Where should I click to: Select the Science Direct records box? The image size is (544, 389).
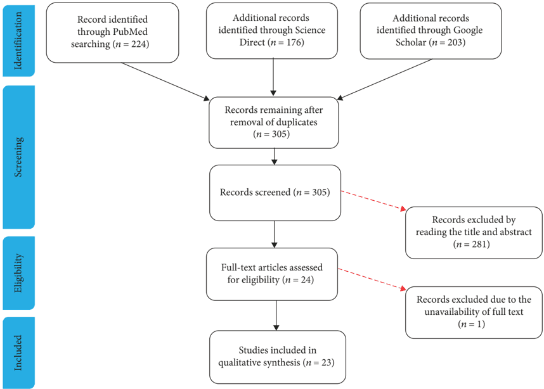pos(273,30)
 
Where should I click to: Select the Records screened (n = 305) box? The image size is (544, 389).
pos(274,192)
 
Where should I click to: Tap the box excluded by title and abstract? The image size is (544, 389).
pos(473,232)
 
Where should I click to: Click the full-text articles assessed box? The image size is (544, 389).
pos(273,273)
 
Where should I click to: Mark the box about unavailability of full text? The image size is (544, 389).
pos(473,311)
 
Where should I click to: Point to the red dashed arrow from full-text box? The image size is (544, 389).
pos(371,279)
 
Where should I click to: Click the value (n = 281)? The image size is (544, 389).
pos(473,245)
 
